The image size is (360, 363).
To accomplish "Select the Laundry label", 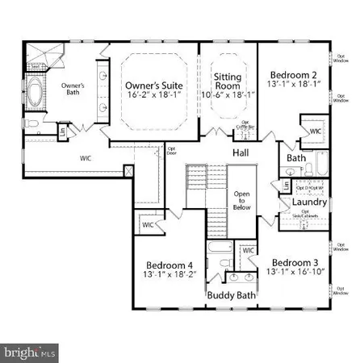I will [x=310, y=202].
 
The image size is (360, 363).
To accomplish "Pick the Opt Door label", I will [x=170, y=149].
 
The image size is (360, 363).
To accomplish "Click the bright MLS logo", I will [x=31, y=352].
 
